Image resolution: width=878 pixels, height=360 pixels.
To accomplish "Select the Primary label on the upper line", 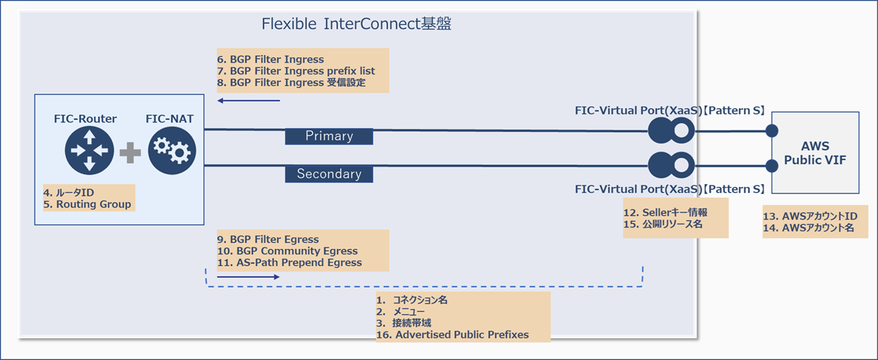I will [x=329, y=135].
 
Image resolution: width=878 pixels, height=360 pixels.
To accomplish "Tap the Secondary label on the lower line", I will [x=329, y=174].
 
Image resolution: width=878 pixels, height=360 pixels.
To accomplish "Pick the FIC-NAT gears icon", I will [x=172, y=151].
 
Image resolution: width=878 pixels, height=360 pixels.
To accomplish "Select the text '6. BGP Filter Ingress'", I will [x=270, y=59].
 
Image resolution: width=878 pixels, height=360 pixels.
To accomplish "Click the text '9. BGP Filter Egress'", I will [x=267, y=239].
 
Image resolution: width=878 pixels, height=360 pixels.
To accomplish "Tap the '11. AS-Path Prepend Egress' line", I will [x=289, y=262].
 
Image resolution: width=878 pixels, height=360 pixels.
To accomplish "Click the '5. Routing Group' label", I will [x=88, y=204].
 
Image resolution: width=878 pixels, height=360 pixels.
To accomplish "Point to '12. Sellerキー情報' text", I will [x=665, y=213].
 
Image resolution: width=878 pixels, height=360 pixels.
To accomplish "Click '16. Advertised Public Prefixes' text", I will [x=452, y=334].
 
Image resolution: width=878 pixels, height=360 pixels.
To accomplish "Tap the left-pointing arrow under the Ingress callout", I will [x=248, y=101].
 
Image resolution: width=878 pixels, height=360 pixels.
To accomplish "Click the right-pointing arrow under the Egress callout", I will [x=247, y=277].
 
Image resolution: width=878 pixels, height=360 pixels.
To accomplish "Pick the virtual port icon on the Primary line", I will [x=671, y=130].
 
